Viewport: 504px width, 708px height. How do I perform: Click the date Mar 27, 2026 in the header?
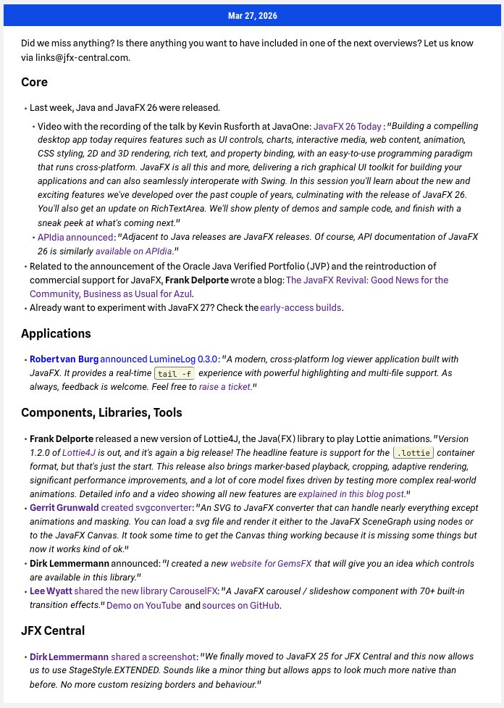(x=252, y=16)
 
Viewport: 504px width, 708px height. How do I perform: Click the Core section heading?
(x=35, y=83)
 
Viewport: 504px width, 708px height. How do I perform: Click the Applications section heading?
(x=56, y=333)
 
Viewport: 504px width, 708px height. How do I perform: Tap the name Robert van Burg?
(x=64, y=359)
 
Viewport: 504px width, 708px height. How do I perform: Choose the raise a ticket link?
(x=224, y=387)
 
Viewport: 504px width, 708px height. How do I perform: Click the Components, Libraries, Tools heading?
(x=101, y=412)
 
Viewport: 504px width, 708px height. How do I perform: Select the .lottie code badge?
(x=413, y=453)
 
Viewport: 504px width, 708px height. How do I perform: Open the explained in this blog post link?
(x=351, y=494)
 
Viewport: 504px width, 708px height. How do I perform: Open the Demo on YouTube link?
(x=143, y=605)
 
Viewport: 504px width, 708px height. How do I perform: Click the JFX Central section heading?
(x=53, y=630)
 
